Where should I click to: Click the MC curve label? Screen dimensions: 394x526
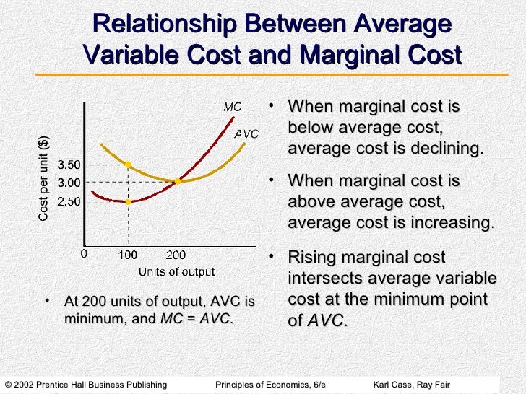click(x=232, y=107)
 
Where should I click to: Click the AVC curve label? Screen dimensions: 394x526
click(x=246, y=133)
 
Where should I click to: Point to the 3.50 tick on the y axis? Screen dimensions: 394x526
click(x=69, y=165)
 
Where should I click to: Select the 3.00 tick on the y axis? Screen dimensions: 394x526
click(x=69, y=182)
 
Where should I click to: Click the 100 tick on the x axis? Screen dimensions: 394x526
click(x=128, y=254)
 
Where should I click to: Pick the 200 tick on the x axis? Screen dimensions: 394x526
click(x=177, y=254)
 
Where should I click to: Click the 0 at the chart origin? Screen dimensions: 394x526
click(x=83, y=253)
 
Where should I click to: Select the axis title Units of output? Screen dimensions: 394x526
click(x=176, y=271)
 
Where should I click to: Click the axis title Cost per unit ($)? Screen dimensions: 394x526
click(x=44, y=178)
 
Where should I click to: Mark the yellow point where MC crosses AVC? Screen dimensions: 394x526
click(x=178, y=181)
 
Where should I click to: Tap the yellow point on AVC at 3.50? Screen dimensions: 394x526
click(x=128, y=165)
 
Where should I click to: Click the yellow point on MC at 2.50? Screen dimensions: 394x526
click(x=128, y=201)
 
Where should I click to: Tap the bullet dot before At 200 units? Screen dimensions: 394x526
click(x=47, y=299)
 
